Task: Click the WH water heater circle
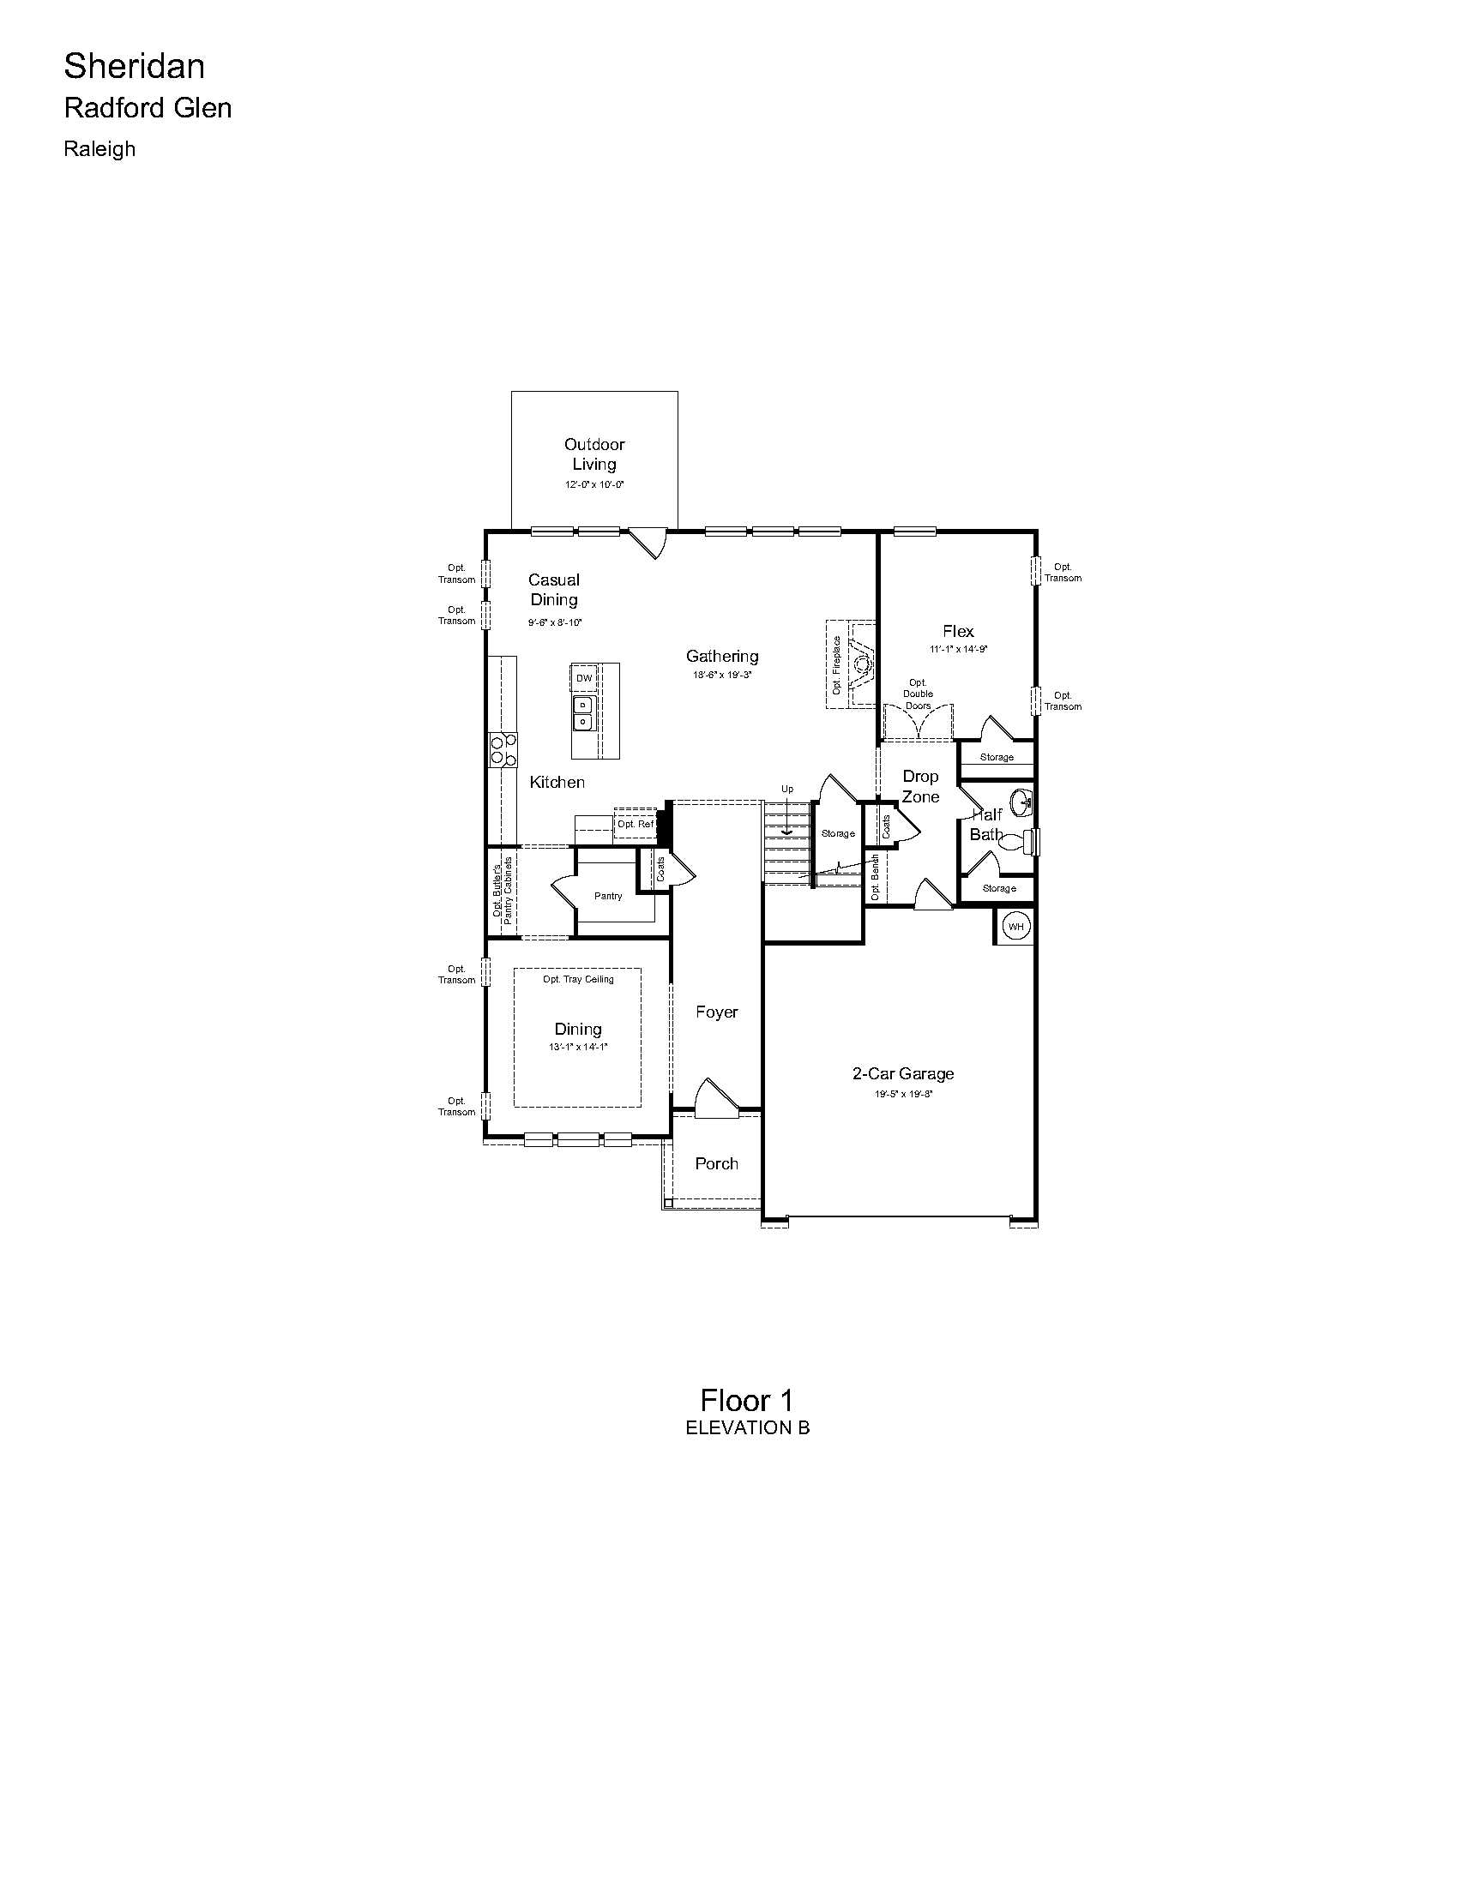point(1015,927)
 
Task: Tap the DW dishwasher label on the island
point(585,678)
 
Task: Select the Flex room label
point(959,631)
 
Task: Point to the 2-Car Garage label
point(903,1073)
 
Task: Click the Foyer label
point(717,1012)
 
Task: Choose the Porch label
point(717,1163)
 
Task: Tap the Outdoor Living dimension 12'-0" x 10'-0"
point(594,484)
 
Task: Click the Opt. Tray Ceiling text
point(579,979)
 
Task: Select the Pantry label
point(608,896)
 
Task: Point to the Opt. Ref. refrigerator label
point(636,824)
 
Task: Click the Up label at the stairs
point(786,789)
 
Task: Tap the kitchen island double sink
point(583,713)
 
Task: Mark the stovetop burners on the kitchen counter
point(503,748)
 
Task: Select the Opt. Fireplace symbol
point(861,664)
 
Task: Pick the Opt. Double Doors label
point(918,694)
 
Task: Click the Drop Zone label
point(921,786)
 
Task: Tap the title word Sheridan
point(135,66)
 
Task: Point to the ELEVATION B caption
point(747,1427)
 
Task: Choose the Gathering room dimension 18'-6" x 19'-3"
point(722,676)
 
